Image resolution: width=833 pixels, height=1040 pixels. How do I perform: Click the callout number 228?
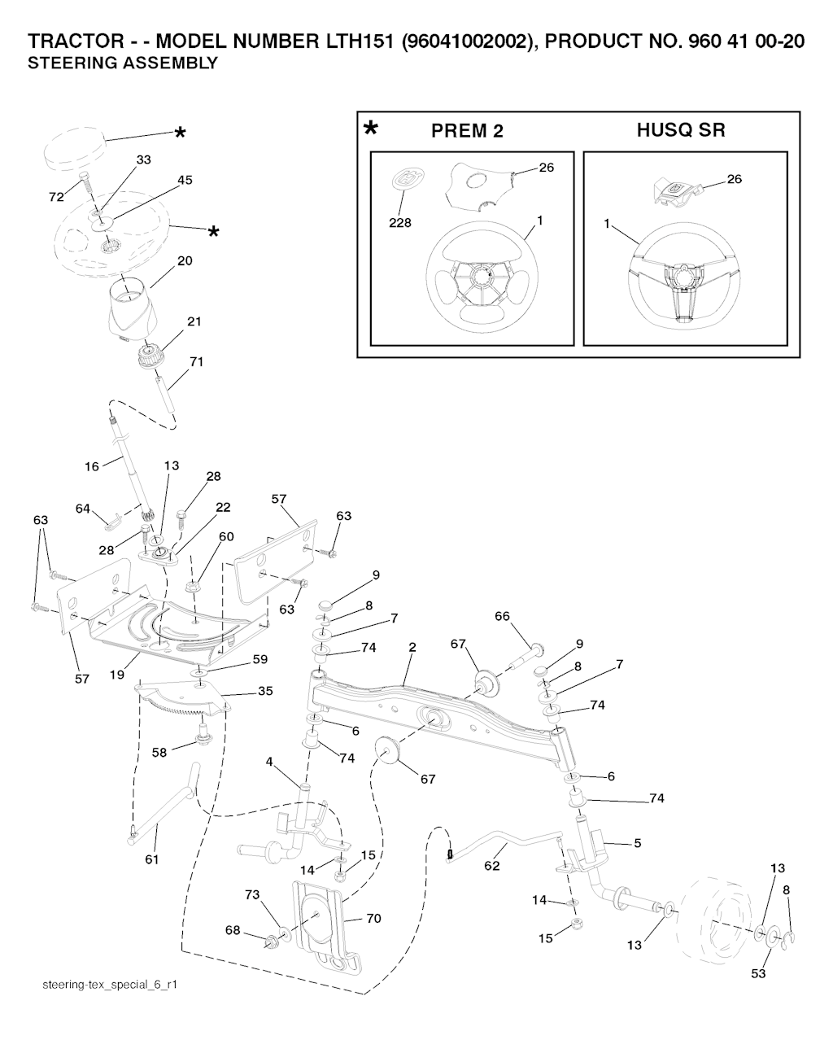pos(400,222)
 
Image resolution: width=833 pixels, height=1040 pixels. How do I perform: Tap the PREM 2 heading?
pos(467,131)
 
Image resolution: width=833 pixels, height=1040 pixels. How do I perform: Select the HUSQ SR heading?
pos(681,130)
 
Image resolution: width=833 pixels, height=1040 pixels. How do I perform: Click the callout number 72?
pos(56,198)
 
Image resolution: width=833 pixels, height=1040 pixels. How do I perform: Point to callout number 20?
pos(185,260)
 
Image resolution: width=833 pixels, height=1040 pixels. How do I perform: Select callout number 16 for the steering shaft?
pos(91,466)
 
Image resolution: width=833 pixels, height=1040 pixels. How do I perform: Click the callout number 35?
pos(265,691)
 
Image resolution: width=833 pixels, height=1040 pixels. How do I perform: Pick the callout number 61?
pos(151,859)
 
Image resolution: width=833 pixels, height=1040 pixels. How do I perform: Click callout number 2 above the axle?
pos(412,647)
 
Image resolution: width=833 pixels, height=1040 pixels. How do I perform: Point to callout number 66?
pos(502,616)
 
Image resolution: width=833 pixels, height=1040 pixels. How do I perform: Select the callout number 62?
pos(491,865)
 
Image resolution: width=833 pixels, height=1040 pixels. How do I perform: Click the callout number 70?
pos(373,919)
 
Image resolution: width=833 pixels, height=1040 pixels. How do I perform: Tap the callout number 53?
pos(758,973)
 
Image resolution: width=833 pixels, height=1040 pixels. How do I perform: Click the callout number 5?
pos(638,843)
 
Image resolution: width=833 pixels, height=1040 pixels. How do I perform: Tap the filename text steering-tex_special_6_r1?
pos(110,985)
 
